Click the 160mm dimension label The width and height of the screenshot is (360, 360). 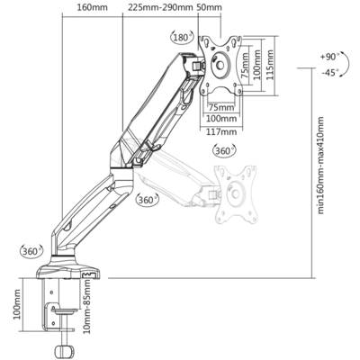pos(92,7)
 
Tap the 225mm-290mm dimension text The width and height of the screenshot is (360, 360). pos(160,7)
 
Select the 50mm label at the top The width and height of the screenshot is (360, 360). pos(210,7)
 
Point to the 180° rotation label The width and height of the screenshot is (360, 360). pos(182,38)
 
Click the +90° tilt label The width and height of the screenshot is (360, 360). pos(329,57)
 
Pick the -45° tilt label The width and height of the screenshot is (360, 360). pos(329,73)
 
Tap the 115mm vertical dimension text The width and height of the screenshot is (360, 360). pos(270,65)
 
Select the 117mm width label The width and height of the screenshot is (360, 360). pos(221,131)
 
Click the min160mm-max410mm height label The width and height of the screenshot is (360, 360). pos(320,166)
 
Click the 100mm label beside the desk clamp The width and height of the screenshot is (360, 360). pos(17,304)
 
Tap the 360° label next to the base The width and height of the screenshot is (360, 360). pos(31,251)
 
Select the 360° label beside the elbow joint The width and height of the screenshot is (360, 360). pos(147,200)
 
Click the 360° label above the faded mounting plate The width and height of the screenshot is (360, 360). pos(224,150)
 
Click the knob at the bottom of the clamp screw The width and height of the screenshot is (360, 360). pos(64,350)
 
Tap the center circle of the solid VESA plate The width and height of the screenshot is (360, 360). pos(220,65)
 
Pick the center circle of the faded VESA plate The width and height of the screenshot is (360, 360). pos(236,194)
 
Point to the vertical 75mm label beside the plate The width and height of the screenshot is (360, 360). pos(246,66)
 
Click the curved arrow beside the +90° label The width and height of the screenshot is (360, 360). pos(348,64)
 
